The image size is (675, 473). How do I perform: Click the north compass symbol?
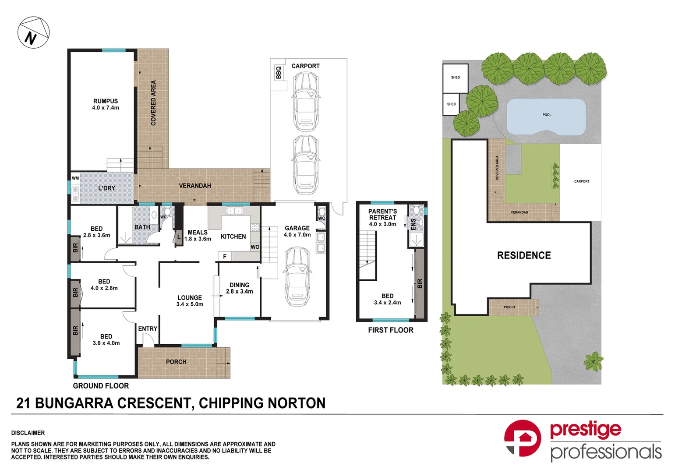click(33, 33)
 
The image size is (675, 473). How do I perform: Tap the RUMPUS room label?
click(106, 104)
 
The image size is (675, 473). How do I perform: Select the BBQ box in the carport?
click(278, 73)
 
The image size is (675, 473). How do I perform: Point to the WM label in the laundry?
click(75, 178)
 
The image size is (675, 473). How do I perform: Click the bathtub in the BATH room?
click(125, 225)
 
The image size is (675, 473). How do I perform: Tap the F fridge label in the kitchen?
click(225, 257)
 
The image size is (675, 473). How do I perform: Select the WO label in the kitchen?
click(255, 247)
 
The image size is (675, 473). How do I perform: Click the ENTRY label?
click(148, 329)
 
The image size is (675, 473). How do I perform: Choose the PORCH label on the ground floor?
click(176, 362)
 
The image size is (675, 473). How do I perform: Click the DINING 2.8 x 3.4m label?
click(239, 288)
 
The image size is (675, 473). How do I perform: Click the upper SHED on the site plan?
click(456, 78)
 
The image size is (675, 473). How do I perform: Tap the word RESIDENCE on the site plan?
click(524, 255)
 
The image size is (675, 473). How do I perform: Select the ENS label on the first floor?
click(413, 224)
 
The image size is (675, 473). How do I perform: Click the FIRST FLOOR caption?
click(391, 330)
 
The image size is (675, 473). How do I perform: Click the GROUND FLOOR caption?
click(101, 386)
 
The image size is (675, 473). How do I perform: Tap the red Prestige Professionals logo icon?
click(523, 438)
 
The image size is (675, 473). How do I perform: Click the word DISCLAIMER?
click(28, 433)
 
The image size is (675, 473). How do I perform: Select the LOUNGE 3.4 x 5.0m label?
click(190, 301)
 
